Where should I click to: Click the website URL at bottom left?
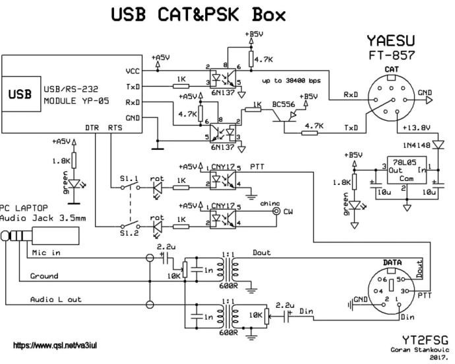pos(55,346)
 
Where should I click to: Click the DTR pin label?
pos(92,126)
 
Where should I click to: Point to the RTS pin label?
pos(115,126)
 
